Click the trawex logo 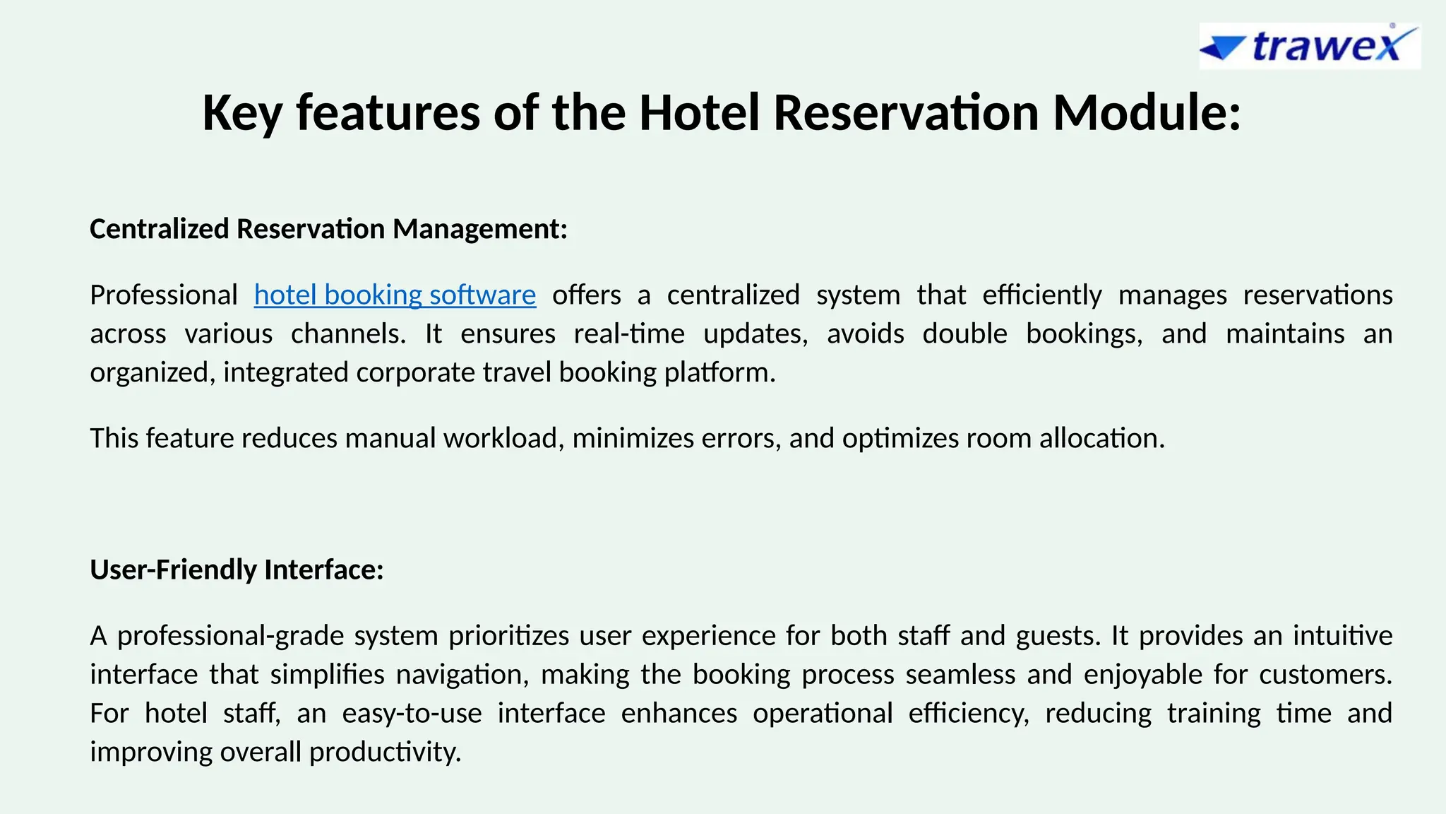pyautogui.click(x=1310, y=47)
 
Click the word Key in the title pyautogui.click(x=241, y=113)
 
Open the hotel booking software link pyautogui.click(x=395, y=295)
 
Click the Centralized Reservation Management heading pyautogui.click(x=329, y=229)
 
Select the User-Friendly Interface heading pyautogui.click(x=237, y=570)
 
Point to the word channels pyautogui.click(x=348, y=334)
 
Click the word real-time pyautogui.click(x=629, y=334)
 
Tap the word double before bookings pyautogui.click(x=964, y=334)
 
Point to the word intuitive pyautogui.click(x=1342, y=636)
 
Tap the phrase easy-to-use pyautogui.click(x=412, y=714)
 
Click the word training pyautogui.click(x=1213, y=714)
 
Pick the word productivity pyautogui.click(x=385, y=753)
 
